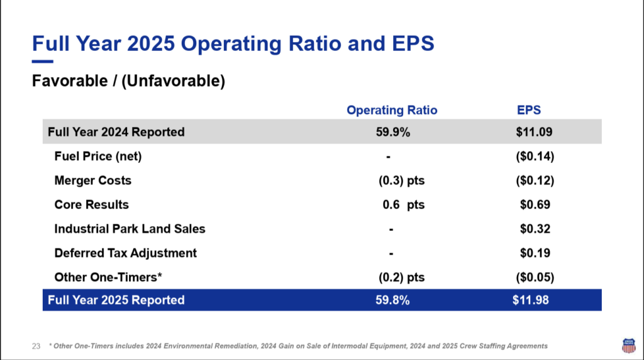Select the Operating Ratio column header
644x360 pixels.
392,110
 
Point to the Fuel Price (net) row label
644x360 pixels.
98,157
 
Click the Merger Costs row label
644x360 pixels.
93,181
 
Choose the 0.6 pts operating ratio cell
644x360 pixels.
403,205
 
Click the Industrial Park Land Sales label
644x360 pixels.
130,229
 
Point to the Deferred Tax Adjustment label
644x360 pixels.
126,253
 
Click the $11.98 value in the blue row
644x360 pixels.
530,300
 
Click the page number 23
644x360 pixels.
36,346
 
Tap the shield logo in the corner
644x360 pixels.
628,344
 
